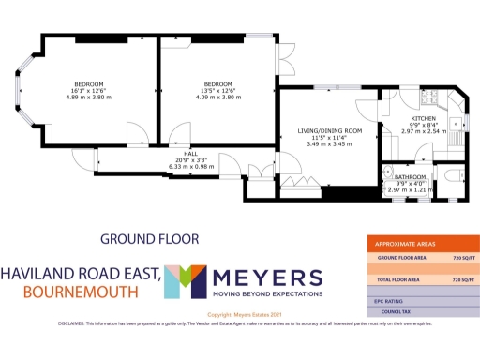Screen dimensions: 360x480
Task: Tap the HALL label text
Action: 191,153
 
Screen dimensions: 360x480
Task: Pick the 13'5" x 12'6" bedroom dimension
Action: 217,90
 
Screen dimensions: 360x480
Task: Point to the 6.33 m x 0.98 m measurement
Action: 191,167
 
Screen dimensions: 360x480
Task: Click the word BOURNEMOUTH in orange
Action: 69,292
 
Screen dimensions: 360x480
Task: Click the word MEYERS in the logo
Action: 268,277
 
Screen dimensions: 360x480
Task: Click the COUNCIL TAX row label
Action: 398,312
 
